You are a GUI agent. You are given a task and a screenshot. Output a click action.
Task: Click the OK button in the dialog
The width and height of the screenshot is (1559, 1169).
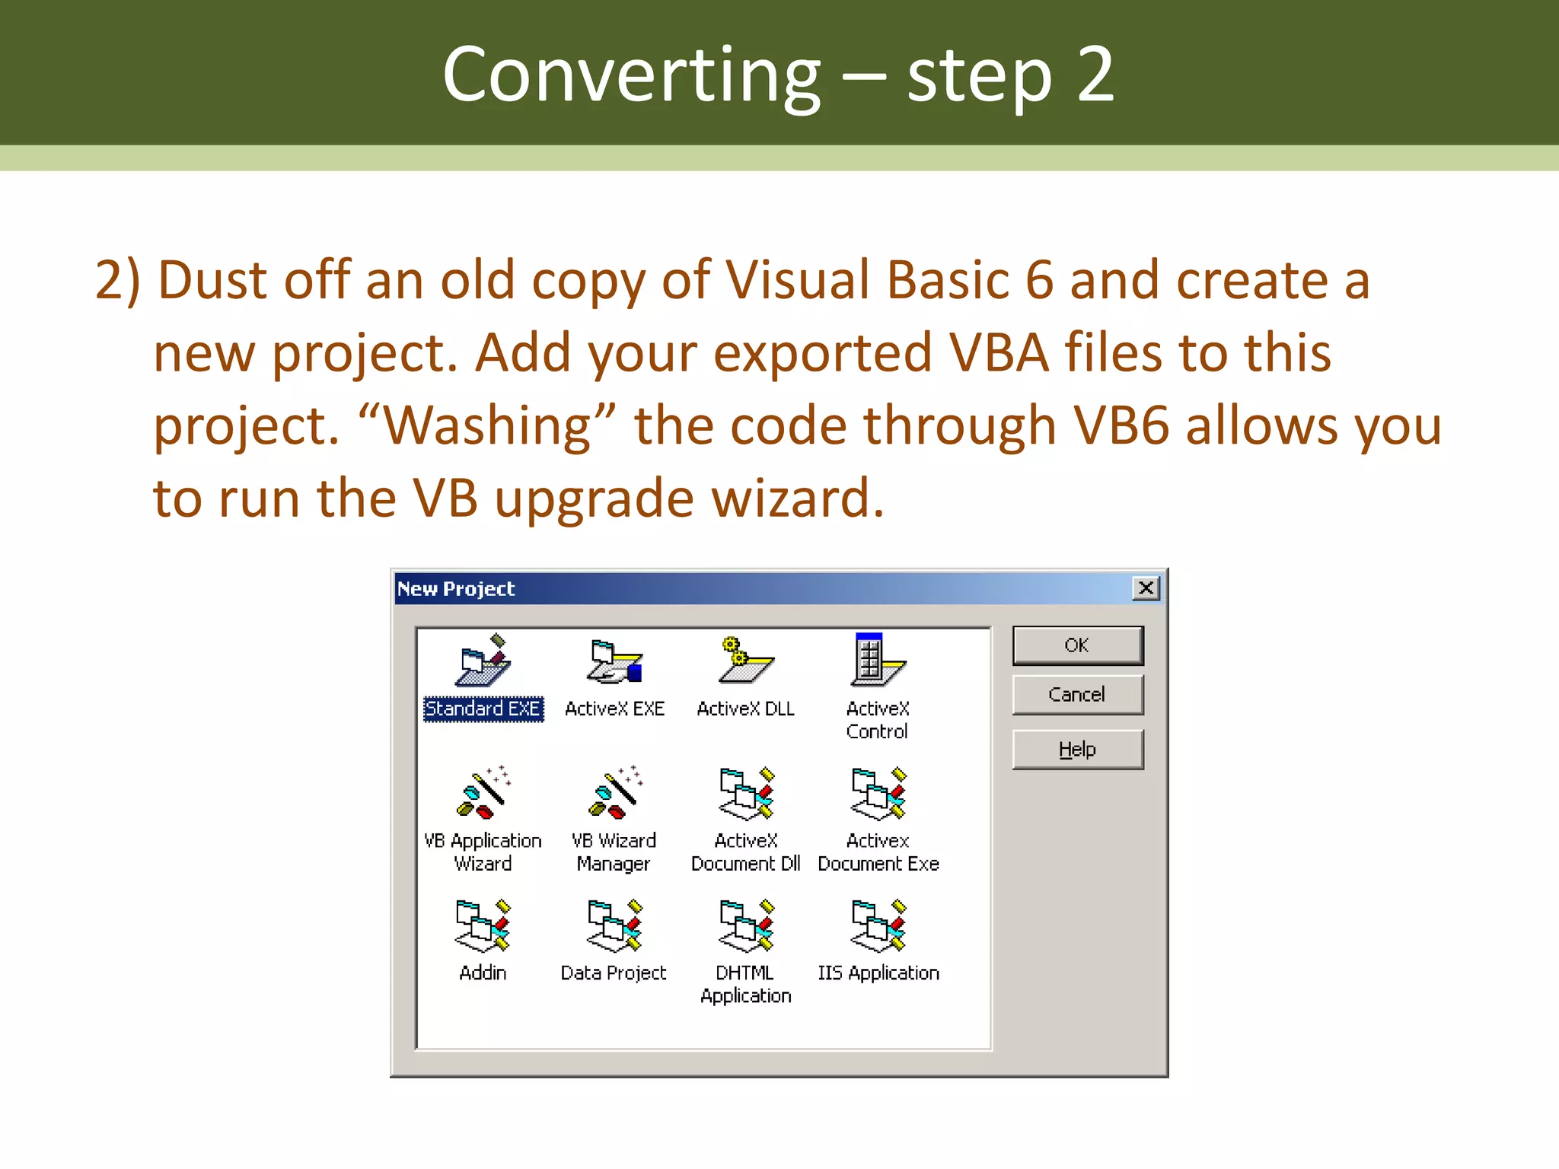coord(1077,645)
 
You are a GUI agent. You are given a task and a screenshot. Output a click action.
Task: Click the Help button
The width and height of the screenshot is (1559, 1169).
coord(1077,750)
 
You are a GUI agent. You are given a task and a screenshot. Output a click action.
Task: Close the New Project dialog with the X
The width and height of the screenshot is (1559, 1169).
coord(1146,588)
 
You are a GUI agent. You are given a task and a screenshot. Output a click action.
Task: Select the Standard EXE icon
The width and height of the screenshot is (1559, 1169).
coord(483,661)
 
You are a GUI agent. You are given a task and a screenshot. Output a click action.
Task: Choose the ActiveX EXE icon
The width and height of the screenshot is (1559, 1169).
coord(614,661)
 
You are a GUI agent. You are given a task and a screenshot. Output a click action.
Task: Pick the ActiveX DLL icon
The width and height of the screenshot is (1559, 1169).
coord(745,661)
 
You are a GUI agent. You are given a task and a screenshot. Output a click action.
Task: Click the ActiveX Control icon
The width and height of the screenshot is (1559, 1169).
coord(877,660)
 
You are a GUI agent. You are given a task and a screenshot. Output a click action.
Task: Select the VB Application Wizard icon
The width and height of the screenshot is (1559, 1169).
coord(483,793)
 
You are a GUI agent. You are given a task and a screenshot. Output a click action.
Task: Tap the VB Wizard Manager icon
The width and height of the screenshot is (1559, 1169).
coord(614,793)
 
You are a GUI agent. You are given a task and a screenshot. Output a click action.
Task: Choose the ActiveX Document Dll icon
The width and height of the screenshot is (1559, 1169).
coord(746,793)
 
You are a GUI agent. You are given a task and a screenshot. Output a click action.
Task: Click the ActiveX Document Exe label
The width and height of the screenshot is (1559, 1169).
coord(878,852)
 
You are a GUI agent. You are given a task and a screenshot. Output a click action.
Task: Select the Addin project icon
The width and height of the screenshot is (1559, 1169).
coord(483,925)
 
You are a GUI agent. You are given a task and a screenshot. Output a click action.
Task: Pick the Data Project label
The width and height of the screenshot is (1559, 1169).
coord(614,973)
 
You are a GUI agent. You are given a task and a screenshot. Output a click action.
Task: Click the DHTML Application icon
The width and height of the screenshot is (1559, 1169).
coord(746,925)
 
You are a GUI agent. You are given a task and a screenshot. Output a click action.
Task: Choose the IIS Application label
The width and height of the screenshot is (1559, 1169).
coord(878,973)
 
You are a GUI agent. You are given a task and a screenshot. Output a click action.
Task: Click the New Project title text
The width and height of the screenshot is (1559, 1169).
coord(456,589)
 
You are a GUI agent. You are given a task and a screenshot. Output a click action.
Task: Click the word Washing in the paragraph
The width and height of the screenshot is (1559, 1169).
coord(487,425)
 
